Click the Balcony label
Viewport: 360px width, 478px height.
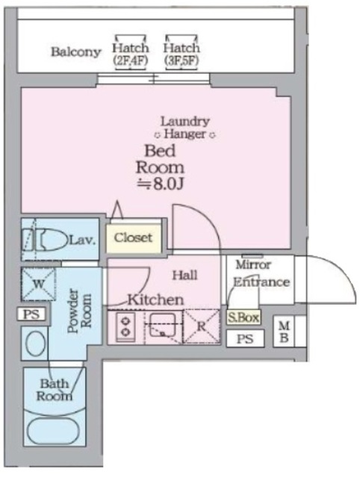click(75, 52)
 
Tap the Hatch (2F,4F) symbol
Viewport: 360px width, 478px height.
click(131, 52)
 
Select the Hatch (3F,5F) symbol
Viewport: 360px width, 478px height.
click(181, 52)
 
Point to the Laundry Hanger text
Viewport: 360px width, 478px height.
click(185, 128)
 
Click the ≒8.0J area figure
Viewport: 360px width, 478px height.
click(160, 184)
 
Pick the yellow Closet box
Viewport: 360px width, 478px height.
click(133, 238)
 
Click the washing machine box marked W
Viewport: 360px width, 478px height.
click(38, 284)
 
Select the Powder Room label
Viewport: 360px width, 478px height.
click(79, 311)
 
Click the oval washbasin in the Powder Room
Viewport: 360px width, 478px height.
click(36, 344)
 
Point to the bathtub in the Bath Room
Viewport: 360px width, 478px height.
click(54, 430)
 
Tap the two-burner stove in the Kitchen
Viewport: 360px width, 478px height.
click(125, 327)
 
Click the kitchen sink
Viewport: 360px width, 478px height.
click(163, 326)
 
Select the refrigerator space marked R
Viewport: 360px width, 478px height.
click(202, 326)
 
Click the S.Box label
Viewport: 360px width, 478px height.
click(243, 318)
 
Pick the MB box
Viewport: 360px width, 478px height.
click(284, 332)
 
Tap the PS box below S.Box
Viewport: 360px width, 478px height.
click(245, 338)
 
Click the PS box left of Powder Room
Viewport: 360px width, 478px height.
click(31, 314)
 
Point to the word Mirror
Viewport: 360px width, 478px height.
click(253, 265)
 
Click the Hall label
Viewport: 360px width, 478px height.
click(184, 276)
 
